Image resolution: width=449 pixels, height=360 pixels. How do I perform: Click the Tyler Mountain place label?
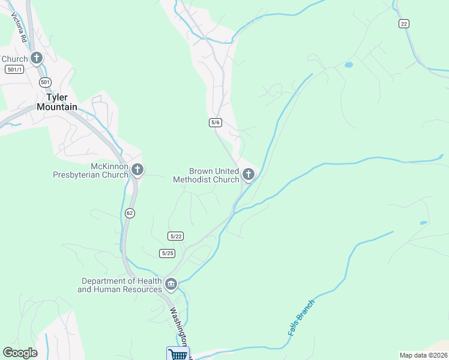57,102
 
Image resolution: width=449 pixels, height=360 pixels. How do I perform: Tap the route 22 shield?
403,23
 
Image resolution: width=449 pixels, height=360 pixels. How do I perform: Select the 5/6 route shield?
215,122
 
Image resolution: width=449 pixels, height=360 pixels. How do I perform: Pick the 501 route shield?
46,82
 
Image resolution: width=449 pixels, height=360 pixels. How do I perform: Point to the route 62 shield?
130,213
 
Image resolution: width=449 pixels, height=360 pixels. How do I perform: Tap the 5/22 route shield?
175,236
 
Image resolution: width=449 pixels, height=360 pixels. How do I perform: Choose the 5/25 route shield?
167,253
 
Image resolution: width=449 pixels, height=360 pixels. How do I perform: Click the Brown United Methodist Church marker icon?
248,175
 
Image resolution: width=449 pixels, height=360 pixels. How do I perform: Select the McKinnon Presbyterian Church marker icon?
137,170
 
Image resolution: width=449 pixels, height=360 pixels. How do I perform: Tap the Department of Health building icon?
171,283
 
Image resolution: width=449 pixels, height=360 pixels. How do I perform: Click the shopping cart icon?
178,354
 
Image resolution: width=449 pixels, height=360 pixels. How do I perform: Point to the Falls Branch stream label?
300,317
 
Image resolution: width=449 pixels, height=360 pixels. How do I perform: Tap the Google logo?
20,353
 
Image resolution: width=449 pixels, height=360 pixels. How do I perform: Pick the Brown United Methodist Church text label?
206,175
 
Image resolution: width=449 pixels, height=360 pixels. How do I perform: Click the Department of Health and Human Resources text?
122,285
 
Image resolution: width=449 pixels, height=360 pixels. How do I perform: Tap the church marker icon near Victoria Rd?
37,58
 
